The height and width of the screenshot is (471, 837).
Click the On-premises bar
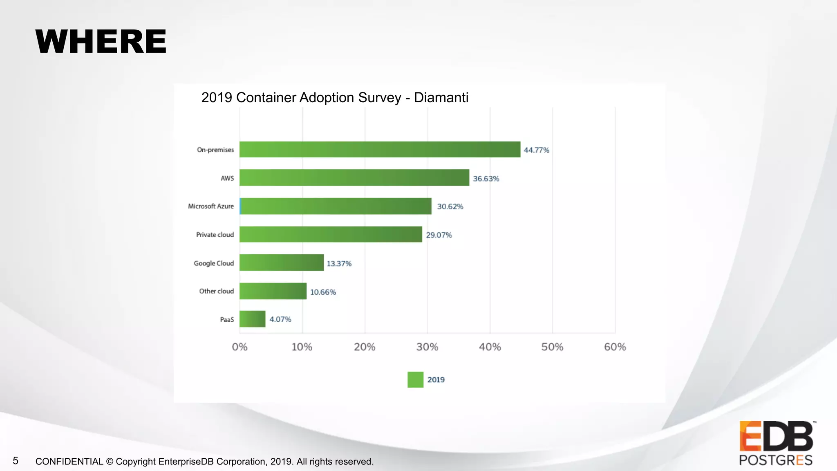380,149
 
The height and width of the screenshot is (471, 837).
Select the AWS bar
354,177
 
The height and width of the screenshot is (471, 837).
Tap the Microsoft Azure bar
336,206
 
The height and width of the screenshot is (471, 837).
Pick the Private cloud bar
331,234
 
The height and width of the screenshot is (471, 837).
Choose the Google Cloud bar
282,262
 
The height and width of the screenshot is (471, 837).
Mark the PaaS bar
252,319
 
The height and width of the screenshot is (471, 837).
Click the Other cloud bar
273,291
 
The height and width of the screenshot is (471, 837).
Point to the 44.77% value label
536,150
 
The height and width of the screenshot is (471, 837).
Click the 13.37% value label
339,264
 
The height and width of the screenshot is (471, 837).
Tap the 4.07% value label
280,319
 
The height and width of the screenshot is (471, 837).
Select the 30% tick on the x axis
427,347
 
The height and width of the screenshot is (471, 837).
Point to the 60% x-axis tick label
615,347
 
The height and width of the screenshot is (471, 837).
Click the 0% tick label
239,347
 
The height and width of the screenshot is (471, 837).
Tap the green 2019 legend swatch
415,379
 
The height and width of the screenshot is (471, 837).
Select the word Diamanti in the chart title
441,98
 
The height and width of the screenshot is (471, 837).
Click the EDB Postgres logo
776,443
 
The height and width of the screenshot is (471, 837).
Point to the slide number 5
16,461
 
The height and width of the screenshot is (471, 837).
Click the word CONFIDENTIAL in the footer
69,462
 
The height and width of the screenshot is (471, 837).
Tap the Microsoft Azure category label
210,206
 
